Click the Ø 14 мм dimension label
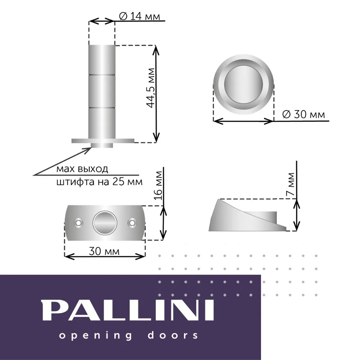click(x=139, y=16)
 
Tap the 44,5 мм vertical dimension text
click(x=151, y=88)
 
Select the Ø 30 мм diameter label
click(x=303, y=114)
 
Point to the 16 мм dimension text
click(x=158, y=185)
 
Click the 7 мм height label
click(x=291, y=184)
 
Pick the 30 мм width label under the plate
click(x=104, y=251)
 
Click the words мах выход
click(x=82, y=169)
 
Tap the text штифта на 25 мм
click(x=99, y=181)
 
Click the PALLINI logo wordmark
click(x=128, y=310)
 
